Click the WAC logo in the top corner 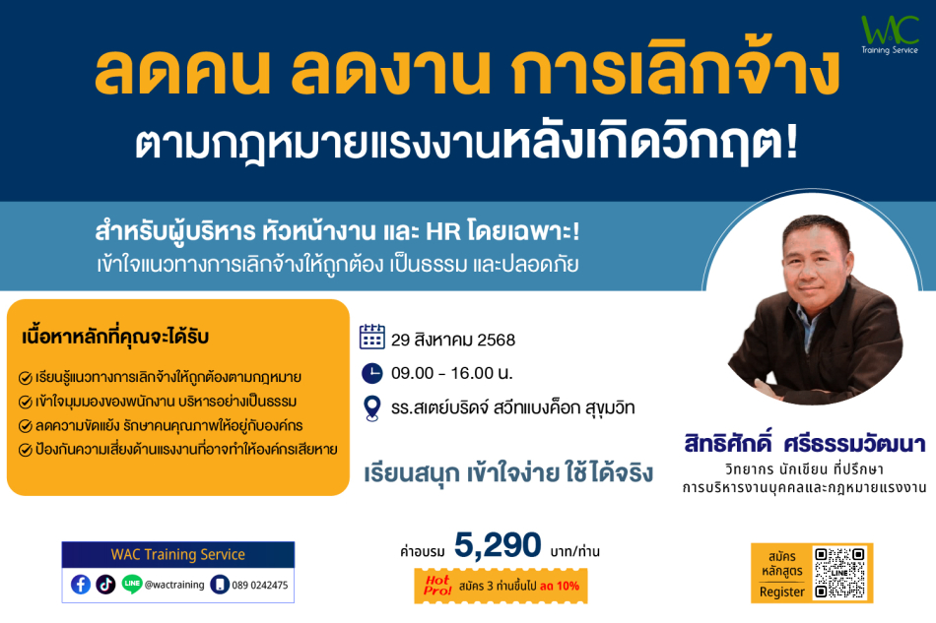pyautogui.click(x=890, y=34)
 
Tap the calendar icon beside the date pyautogui.click(x=371, y=337)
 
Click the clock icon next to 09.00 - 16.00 pyautogui.click(x=371, y=373)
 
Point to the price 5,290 pyautogui.click(x=498, y=545)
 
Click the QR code pyautogui.click(x=839, y=573)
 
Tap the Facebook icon pyautogui.click(x=81, y=585)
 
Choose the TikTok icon pyautogui.click(x=105, y=585)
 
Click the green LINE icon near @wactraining pyautogui.click(x=131, y=584)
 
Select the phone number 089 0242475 pyautogui.click(x=260, y=586)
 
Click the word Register pyautogui.click(x=782, y=592)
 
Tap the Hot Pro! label pyautogui.click(x=437, y=585)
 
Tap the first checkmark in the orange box pyautogui.click(x=25, y=378)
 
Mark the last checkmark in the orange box pyautogui.click(x=25, y=450)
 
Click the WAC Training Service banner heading pyautogui.click(x=178, y=554)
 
